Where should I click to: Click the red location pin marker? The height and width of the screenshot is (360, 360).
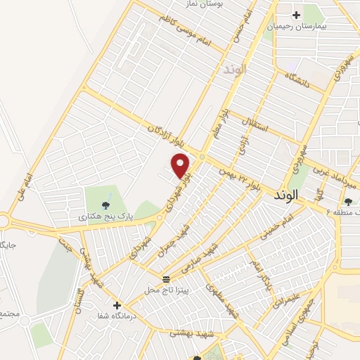tap(181, 165)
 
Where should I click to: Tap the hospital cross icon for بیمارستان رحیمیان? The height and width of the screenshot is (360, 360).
tap(296, 14)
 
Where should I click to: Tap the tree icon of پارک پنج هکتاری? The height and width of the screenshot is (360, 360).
tap(105, 205)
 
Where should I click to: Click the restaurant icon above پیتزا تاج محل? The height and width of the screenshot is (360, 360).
tap(166, 278)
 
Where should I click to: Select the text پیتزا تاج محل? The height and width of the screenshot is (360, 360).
tap(165, 290)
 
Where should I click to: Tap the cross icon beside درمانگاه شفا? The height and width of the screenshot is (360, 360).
tap(117, 305)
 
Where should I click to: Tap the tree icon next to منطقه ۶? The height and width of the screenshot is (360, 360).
tap(349, 202)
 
